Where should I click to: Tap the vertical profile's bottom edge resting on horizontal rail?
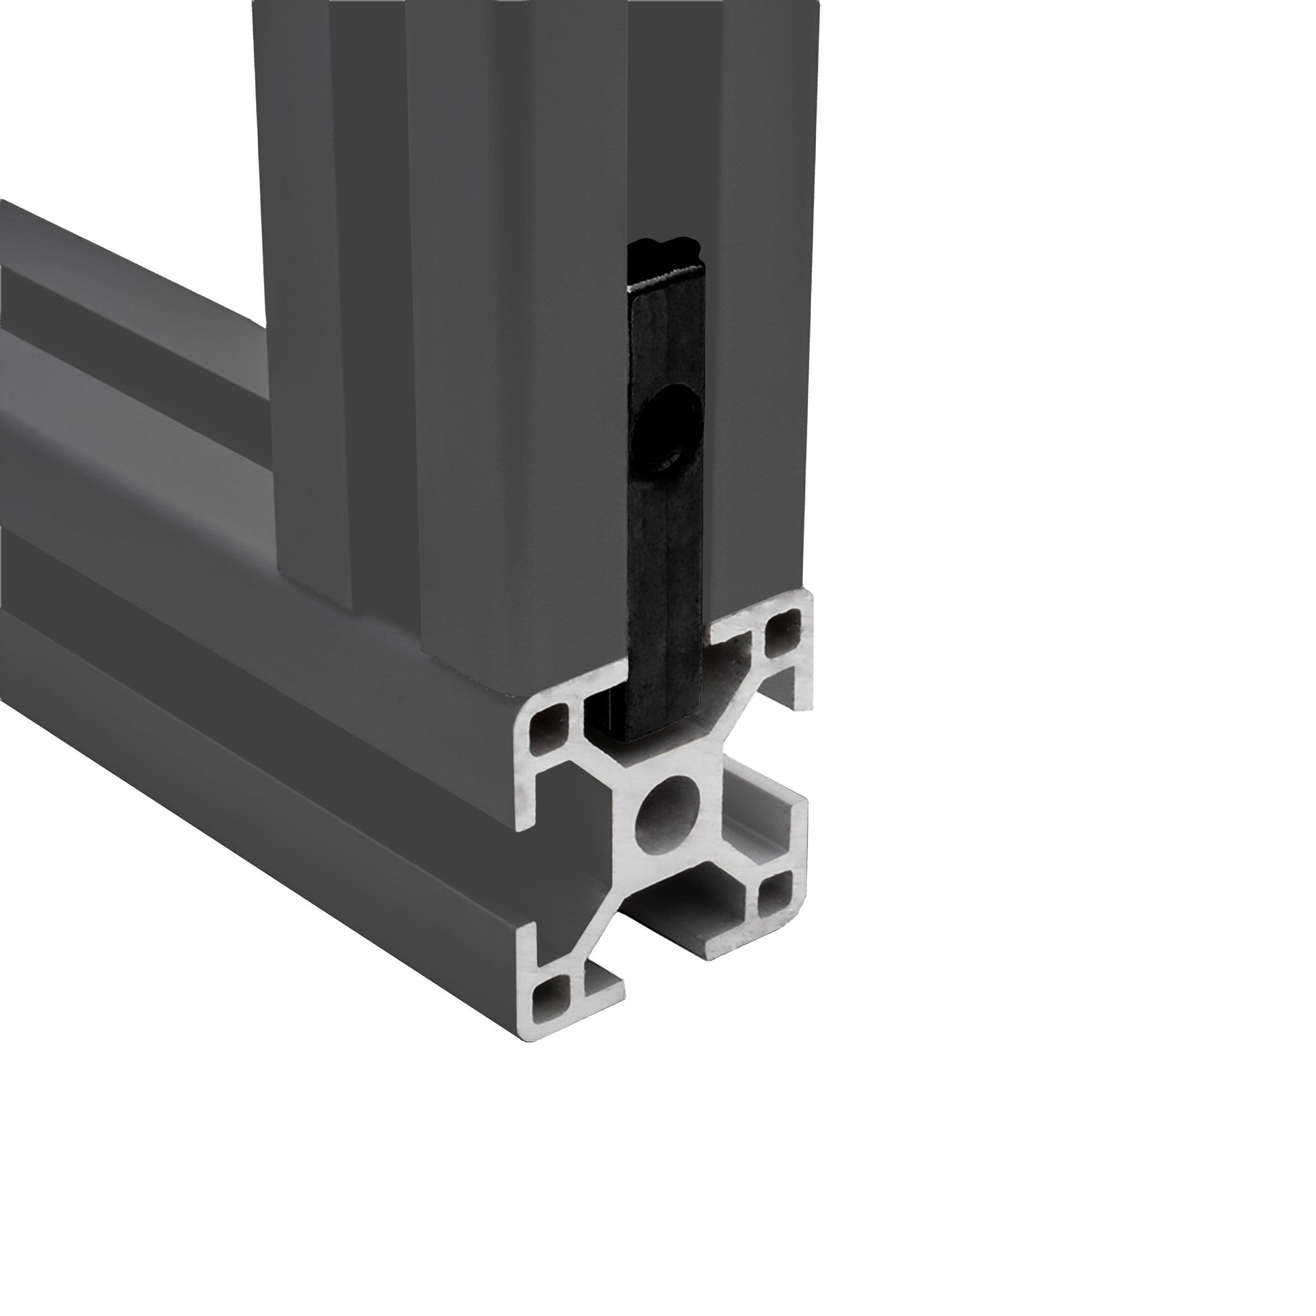click(477, 671)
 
